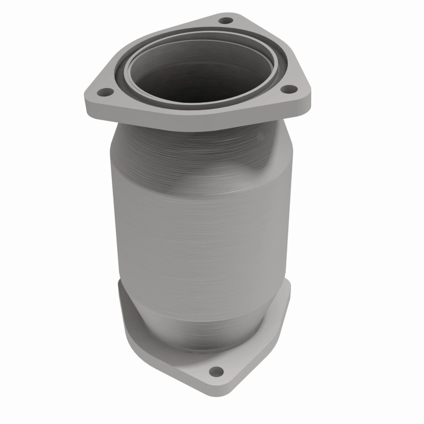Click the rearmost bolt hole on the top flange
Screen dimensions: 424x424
[226, 21]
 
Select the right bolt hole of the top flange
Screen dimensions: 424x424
[288, 89]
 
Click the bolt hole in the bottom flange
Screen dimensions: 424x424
[215, 370]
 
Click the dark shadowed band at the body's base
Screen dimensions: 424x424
[201, 339]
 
